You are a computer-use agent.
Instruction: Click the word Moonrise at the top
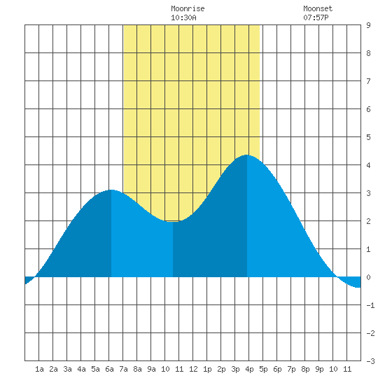click(x=188, y=8)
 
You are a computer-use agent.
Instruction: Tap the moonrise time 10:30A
click(x=183, y=17)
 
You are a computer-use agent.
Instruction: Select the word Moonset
click(x=318, y=8)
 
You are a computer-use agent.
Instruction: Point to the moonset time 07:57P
click(x=316, y=17)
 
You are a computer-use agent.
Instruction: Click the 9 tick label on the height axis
click(x=368, y=25)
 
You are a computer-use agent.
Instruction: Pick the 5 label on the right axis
click(x=368, y=137)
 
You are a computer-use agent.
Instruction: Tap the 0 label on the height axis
click(x=368, y=277)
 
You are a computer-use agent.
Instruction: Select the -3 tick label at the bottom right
click(x=370, y=361)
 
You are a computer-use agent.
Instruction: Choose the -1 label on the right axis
click(x=370, y=305)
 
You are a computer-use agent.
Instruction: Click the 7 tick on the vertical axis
click(x=368, y=81)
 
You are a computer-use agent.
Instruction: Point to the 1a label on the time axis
click(x=39, y=369)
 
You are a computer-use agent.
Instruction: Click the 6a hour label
click(x=109, y=369)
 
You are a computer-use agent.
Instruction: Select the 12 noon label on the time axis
click(x=193, y=369)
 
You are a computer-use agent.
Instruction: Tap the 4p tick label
click(x=249, y=369)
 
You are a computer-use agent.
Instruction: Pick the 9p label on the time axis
click(x=319, y=369)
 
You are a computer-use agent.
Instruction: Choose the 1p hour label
click(x=207, y=369)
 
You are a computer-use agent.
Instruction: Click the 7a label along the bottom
click(x=123, y=369)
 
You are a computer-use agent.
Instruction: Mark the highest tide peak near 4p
click(x=247, y=155)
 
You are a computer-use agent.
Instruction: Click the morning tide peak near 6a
click(x=111, y=190)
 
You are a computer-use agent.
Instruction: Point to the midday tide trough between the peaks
click(x=173, y=221)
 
